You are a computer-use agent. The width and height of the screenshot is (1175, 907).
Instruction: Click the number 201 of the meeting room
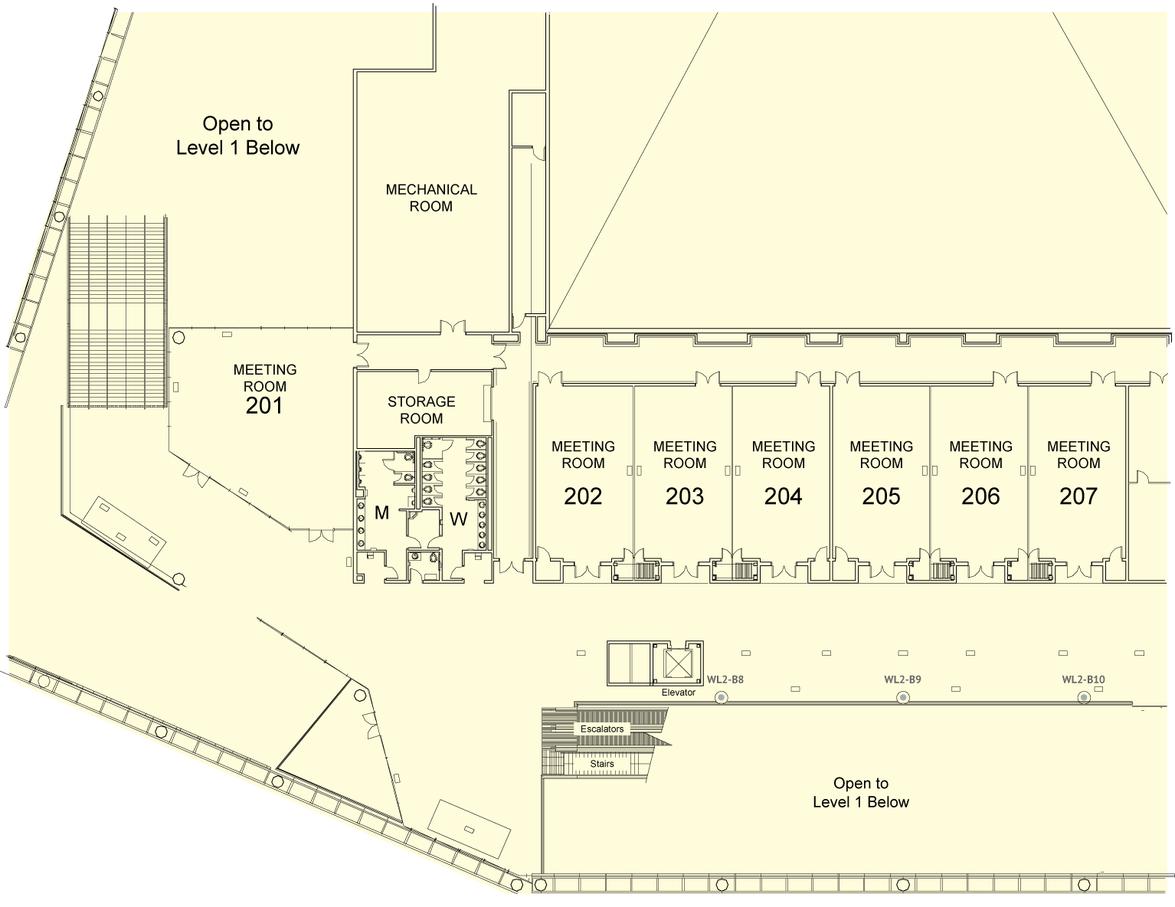(263, 406)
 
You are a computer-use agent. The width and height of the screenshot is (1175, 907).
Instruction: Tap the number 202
(583, 496)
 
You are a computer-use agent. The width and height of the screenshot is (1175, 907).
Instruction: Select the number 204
(783, 496)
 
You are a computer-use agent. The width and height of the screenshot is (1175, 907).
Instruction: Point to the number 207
(1078, 496)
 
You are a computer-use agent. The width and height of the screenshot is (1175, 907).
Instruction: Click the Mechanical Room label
(431, 198)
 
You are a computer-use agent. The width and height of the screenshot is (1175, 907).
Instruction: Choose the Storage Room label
(421, 410)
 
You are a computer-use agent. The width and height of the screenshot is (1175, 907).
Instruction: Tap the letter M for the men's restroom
(381, 512)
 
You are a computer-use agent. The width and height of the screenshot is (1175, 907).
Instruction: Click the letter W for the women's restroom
(459, 519)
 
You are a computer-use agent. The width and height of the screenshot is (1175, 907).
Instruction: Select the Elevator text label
(679, 693)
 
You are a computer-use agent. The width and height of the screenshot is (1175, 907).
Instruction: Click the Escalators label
(602, 729)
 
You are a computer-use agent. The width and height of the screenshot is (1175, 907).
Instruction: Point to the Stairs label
(602, 764)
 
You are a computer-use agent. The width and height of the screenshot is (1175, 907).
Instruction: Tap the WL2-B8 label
(725, 679)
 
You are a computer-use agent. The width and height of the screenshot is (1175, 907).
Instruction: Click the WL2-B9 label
(902, 679)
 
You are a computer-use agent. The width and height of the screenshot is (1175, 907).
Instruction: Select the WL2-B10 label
(1084, 679)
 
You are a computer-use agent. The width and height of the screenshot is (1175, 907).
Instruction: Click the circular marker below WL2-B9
(902, 698)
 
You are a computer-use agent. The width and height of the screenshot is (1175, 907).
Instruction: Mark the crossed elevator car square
(678, 663)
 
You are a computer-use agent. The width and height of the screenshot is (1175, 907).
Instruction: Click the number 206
(980, 496)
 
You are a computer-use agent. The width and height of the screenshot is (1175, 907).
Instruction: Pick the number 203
(685, 496)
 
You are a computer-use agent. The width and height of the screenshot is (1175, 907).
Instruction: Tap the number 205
(881, 496)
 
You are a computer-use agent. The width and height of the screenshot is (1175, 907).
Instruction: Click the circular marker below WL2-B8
(722, 698)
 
